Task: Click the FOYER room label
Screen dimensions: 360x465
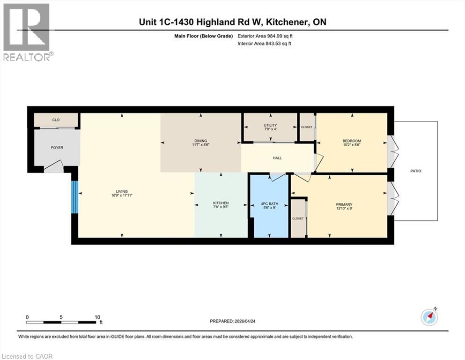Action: pos(57,148)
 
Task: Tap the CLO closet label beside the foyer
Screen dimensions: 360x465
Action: pos(56,120)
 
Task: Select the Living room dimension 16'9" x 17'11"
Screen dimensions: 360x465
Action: pos(122,196)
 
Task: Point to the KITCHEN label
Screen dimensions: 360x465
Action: pos(221,203)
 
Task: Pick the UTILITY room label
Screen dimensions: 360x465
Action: pos(270,125)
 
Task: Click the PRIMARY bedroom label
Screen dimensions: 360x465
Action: pos(344,204)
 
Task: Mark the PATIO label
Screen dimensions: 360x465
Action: pos(416,171)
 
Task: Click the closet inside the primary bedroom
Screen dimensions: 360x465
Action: pos(298,218)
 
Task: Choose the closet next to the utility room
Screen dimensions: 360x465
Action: pos(306,127)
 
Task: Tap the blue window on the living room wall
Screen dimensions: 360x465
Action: pos(74,197)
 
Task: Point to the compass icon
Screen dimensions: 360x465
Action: pos(429,317)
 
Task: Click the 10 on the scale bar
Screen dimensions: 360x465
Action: pos(98,317)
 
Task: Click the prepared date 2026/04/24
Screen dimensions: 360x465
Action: pos(248,321)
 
